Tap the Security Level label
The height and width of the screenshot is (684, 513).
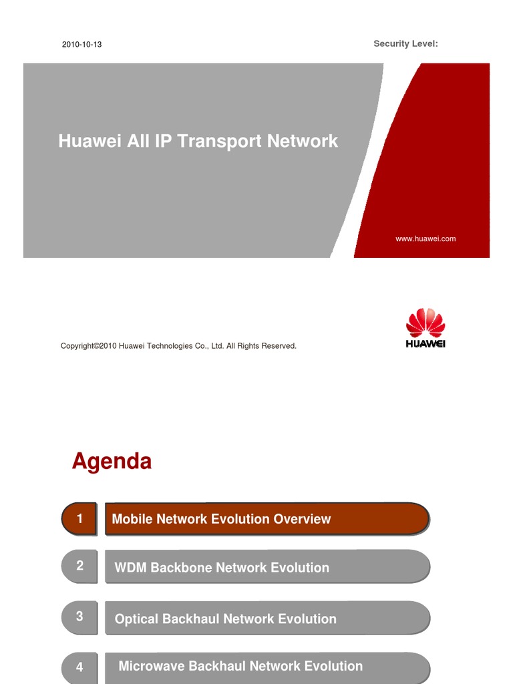tap(405, 43)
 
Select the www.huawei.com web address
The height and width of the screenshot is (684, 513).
tap(425, 238)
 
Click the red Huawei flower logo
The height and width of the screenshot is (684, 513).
tap(425, 323)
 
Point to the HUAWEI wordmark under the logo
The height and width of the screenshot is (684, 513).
tap(425, 344)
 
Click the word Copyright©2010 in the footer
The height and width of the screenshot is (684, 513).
tap(89, 346)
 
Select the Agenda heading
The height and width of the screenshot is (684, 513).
tap(112, 461)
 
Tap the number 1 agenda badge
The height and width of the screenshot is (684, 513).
tap(79, 519)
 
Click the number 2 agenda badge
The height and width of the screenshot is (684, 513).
tap(79, 566)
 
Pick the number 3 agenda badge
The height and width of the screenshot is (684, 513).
tap(79, 617)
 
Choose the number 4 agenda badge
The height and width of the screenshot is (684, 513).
tap(79, 667)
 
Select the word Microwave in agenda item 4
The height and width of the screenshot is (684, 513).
tap(152, 666)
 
